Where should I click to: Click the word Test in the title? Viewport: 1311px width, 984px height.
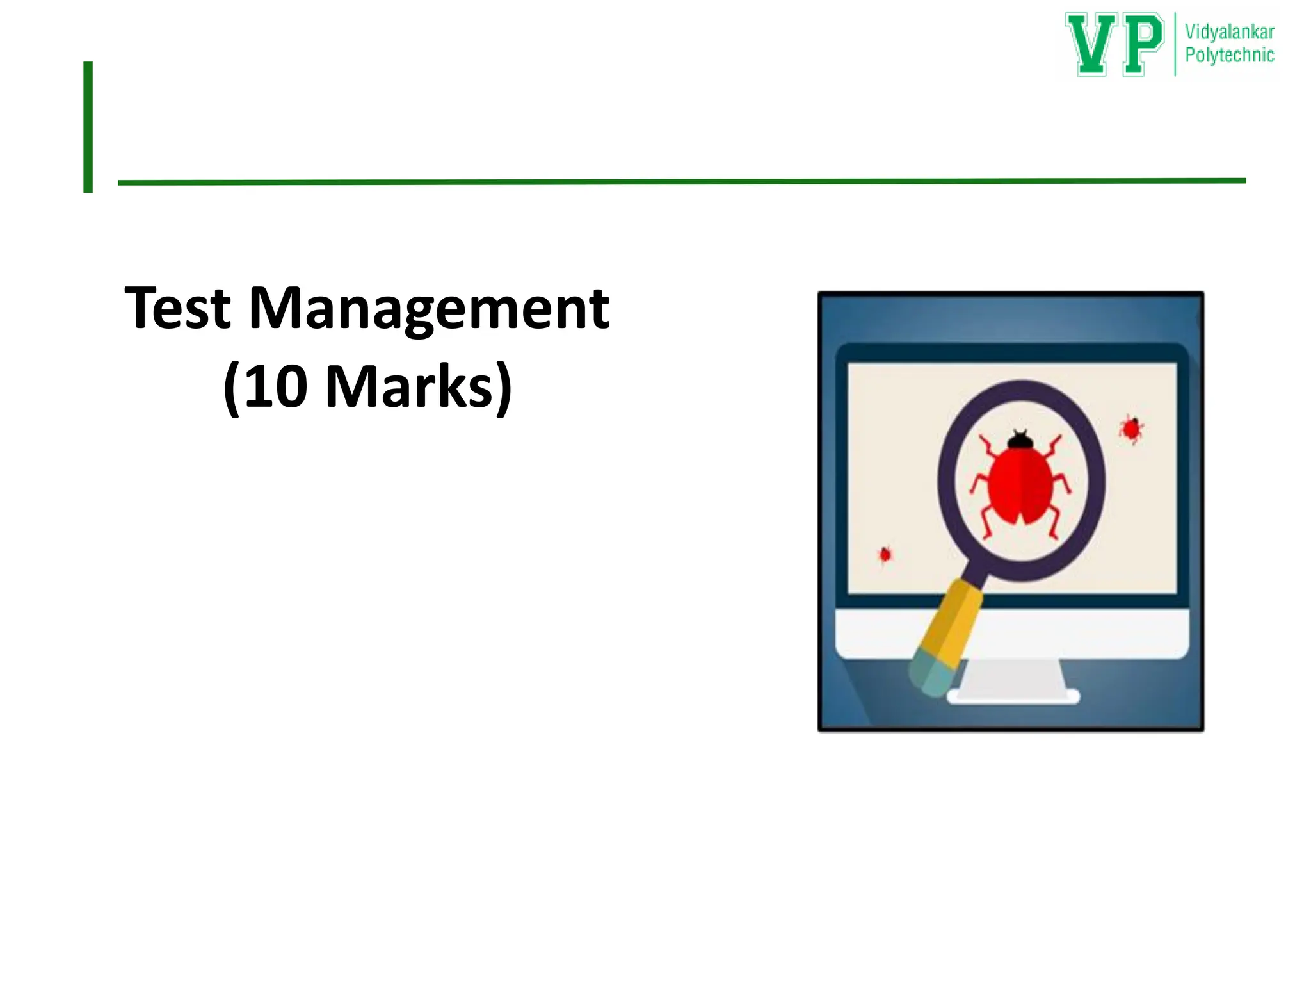click(x=177, y=309)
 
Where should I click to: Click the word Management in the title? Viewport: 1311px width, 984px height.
click(x=429, y=309)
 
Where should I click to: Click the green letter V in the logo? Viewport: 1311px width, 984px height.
click(x=1092, y=44)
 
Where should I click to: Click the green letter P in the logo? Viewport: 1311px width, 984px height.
click(x=1142, y=44)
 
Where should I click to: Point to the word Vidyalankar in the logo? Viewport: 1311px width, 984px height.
click(x=1229, y=32)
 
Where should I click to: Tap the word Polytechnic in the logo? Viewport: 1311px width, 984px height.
click(x=1229, y=55)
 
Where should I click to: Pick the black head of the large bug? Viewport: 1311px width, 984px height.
click(x=1020, y=441)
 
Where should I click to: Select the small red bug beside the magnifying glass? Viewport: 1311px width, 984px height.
click(x=1131, y=429)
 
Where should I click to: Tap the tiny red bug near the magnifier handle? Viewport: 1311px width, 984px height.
click(x=885, y=553)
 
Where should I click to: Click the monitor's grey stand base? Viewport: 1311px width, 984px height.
click(x=1013, y=696)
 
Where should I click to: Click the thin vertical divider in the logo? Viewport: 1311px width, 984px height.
click(x=1175, y=44)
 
